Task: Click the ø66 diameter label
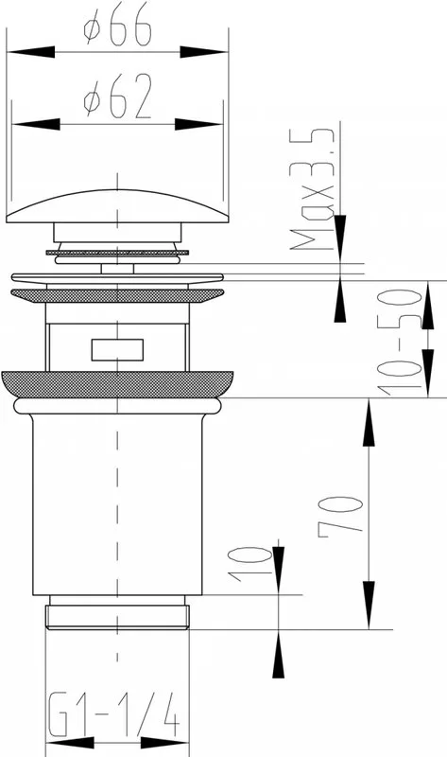point(118,28)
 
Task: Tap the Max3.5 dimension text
point(312,189)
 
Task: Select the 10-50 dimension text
point(398,342)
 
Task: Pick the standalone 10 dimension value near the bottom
point(249,564)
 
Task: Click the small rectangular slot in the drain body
point(118,350)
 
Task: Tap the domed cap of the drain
point(117,206)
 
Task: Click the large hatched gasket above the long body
point(117,384)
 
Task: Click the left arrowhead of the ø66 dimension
point(31,52)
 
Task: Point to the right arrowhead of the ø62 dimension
point(198,124)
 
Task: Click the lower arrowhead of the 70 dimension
point(369,605)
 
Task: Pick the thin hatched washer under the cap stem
point(117,253)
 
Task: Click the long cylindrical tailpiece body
point(117,504)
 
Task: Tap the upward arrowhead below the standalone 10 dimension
point(278,654)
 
